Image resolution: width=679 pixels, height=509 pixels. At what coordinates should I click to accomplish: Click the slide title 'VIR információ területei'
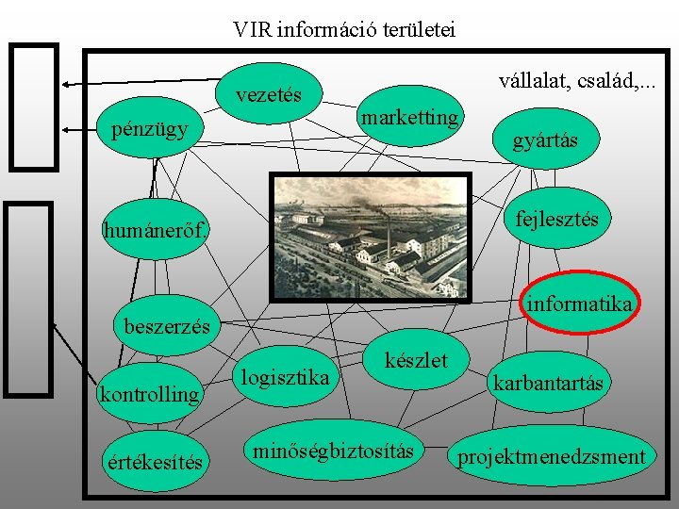click(x=344, y=29)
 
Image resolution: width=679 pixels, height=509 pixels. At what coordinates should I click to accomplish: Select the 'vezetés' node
click(x=269, y=94)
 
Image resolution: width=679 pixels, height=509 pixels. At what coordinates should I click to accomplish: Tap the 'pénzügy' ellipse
click(x=149, y=128)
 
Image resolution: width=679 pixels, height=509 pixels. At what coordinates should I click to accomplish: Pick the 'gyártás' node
click(x=544, y=141)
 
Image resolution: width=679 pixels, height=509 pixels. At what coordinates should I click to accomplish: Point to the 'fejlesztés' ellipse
click(x=555, y=219)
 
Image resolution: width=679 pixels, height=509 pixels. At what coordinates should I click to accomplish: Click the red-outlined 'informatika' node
click(x=580, y=304)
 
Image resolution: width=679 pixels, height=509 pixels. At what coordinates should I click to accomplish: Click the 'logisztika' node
click(x=285, y=378)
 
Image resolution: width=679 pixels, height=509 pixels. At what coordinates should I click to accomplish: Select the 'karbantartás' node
click(x=547, y=383)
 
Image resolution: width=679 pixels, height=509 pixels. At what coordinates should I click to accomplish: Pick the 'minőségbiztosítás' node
click(x=333, y=452)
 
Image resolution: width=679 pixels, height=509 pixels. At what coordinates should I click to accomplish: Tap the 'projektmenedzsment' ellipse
click(x=552, y=458)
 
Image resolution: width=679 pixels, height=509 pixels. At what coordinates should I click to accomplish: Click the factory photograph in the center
click(x=370, y=238)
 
